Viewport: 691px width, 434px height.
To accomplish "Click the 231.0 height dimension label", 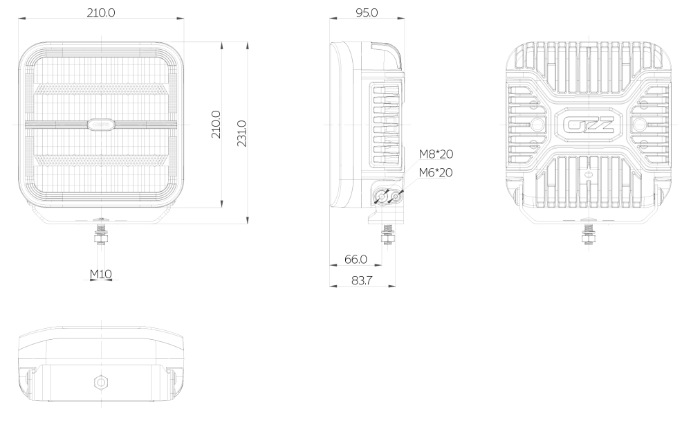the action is coord(241,133).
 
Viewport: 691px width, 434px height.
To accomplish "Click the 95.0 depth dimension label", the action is coord(367,12).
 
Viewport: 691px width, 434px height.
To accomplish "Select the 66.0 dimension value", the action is coord(356,260).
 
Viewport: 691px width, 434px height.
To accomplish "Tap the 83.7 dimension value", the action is coord(362,280).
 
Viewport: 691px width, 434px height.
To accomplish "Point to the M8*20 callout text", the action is coord(436,154).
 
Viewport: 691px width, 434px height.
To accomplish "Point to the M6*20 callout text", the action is coord(436,172).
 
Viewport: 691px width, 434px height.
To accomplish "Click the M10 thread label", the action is coord(101,274).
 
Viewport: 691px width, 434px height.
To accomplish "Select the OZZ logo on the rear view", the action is coord(589,125).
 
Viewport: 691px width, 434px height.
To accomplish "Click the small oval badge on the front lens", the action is coord(101,125).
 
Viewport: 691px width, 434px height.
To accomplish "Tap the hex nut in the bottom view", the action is coord(101,382).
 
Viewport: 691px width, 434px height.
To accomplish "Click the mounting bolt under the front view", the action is coord(102,234).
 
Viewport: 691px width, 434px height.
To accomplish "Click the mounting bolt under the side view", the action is coord(388,234).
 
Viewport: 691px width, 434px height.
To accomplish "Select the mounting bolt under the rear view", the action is coord(587,234).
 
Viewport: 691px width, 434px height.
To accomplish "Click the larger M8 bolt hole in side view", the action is coord(381,197).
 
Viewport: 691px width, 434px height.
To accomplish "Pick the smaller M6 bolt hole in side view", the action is coord(396,197).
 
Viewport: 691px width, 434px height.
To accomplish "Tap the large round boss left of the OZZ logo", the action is coord(536,125).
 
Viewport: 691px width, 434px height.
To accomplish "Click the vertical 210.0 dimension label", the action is coord(216,125).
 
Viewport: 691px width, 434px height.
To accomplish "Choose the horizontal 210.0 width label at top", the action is coord(101,12).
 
